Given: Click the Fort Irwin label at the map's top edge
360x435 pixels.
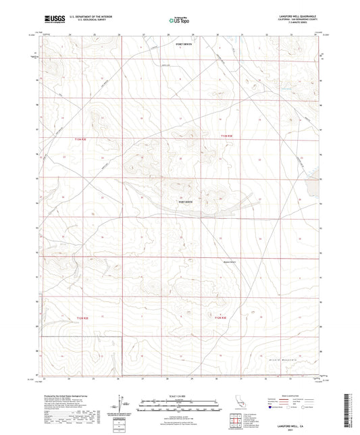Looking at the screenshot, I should [183, 44].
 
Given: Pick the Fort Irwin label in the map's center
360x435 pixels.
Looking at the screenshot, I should [185, 202].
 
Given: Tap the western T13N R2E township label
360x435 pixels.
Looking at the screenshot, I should [82, 139].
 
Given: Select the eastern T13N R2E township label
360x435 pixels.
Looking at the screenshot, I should [226, 136].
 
